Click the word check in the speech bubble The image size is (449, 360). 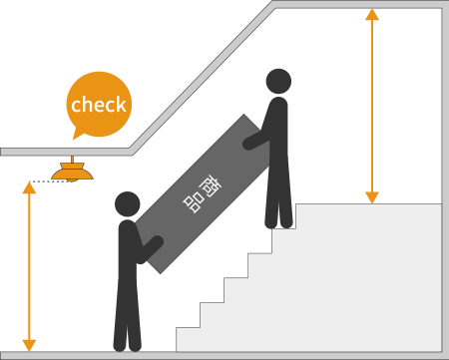(x=99, y=105)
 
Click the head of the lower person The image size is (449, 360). (x=127, y=204)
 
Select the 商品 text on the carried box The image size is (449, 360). (x=201, y=191)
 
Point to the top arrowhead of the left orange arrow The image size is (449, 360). (x=29, y=187)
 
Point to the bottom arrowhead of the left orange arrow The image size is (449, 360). (x=29, y=344)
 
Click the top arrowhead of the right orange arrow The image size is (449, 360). (x=372, y=15)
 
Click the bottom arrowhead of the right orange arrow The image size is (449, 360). (x=372, y=197)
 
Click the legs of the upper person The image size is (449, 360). (x=278, y=199)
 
